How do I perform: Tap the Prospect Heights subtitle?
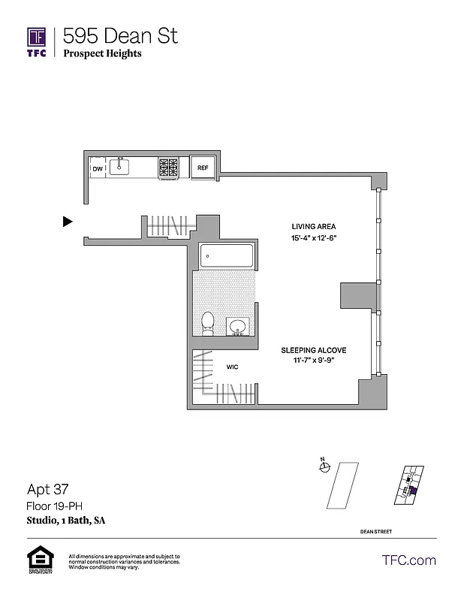102,53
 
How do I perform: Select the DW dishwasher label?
98,169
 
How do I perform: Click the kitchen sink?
120,167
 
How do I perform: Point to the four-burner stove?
168,168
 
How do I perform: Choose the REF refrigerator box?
203,168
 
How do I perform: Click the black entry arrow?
68,222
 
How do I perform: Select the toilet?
208,323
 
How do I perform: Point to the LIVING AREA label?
314,226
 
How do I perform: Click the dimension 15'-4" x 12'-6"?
314,238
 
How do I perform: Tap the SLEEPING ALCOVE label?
314,350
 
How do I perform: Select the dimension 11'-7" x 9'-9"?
314,361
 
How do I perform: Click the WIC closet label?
233,367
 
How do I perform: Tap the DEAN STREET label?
376,532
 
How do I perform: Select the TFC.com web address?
409,560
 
